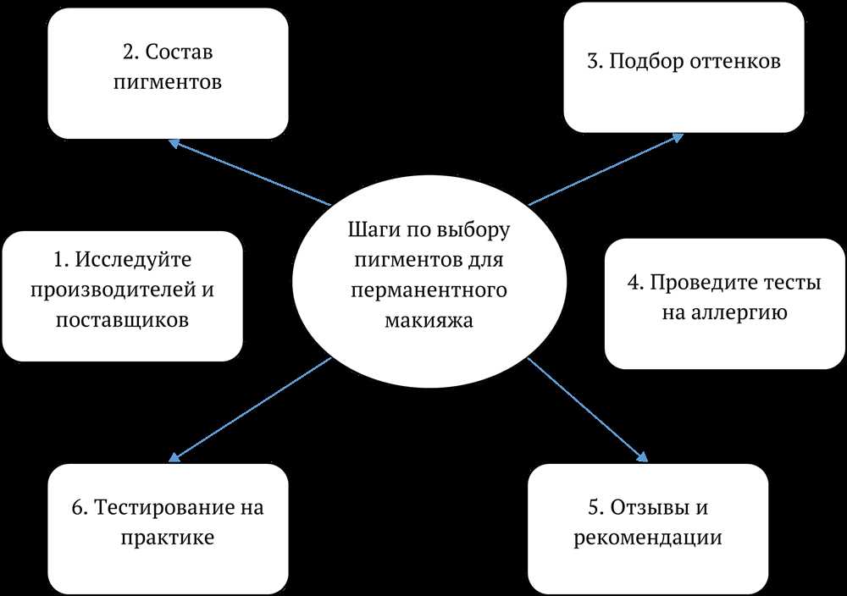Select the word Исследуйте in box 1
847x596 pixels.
(x=133, y=260)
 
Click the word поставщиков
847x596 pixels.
(x=122, y=320)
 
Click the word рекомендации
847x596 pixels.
(x=648, y=538)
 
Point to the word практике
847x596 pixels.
(x=168, y=538)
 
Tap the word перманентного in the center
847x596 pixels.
(x=429, y=291)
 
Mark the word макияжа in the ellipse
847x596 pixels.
(x=429, y=321)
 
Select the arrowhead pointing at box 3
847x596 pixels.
(x=678, y=138)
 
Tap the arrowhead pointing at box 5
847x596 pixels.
(x=642, y=456)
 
